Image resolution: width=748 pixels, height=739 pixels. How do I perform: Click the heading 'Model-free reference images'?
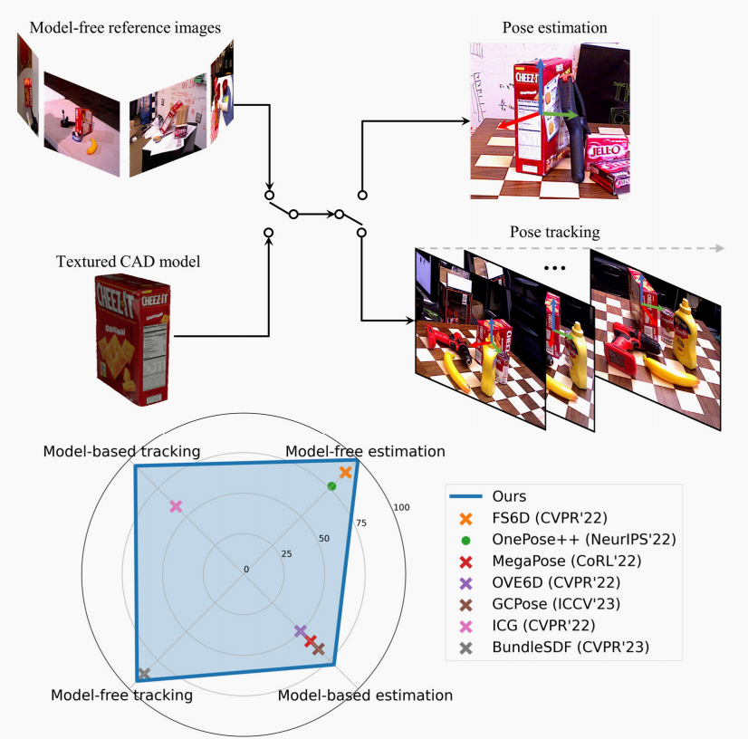[x=125, y=26]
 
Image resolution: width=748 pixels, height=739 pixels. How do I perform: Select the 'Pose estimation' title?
[x=554, y=28]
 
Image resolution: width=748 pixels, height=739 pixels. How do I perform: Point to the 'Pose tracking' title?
[x=554, y=233]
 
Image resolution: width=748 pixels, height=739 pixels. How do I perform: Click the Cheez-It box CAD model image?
[x=130, y=339]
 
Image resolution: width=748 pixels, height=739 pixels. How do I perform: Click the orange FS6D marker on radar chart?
[x=345, y=473]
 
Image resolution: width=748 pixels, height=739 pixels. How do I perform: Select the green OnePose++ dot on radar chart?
[x=331, y=486]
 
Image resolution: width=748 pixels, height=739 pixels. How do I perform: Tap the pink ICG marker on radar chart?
[x=176, y=506]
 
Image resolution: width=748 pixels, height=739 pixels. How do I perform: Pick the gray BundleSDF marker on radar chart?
[x=143, y=674]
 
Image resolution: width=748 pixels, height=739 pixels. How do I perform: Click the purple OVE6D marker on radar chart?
[x=301, y=631]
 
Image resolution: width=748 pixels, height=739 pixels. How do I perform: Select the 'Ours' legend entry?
[x=509, y=496]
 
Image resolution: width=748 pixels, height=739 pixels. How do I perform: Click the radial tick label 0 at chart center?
[x=245, y=569]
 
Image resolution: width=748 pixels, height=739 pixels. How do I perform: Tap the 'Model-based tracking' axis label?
[x=122, y=451]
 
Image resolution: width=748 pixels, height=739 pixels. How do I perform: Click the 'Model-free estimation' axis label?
[x=366, y=451]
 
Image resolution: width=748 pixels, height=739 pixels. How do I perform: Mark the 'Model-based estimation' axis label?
[x=365, y=696]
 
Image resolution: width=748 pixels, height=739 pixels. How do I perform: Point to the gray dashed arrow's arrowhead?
[x=719, y=247]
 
